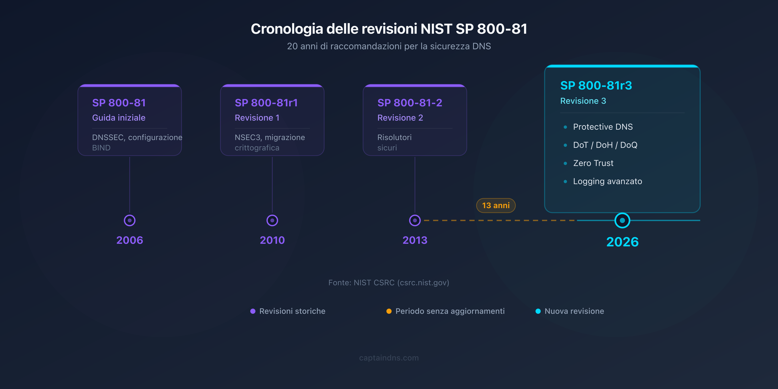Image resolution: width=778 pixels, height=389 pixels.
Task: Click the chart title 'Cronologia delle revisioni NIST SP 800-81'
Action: coord(389,29)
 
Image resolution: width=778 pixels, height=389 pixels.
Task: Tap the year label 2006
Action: coord(130,240)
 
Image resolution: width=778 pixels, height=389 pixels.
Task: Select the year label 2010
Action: coord(272,240)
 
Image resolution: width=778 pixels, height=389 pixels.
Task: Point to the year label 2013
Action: coord(415,240)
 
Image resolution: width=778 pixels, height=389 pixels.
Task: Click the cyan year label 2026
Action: coord(622,242)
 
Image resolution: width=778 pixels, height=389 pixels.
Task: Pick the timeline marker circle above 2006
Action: coord(130,220)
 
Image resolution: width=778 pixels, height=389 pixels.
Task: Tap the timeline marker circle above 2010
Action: coord(272,220)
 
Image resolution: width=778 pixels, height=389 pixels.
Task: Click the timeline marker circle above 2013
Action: coord(415,220)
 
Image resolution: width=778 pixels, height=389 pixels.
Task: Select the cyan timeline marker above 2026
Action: coord(622,220)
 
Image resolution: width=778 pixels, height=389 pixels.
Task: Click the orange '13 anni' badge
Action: coord(496,205)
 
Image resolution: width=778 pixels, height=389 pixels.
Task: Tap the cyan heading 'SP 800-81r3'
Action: coord(596,85)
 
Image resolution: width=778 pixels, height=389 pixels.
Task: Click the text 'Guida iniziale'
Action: coord(119,118)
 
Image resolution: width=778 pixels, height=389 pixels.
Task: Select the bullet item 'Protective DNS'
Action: coord(603,127)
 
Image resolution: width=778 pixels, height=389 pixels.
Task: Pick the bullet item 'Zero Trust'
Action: coord(593,163)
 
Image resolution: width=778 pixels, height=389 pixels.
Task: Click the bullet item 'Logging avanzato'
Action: coord(607,181)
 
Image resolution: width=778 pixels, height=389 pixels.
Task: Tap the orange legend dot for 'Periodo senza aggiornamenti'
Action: coord(389,311)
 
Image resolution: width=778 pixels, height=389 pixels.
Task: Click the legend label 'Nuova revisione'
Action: coord(574,311)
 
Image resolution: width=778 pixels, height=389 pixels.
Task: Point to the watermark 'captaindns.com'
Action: coord(389,358)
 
